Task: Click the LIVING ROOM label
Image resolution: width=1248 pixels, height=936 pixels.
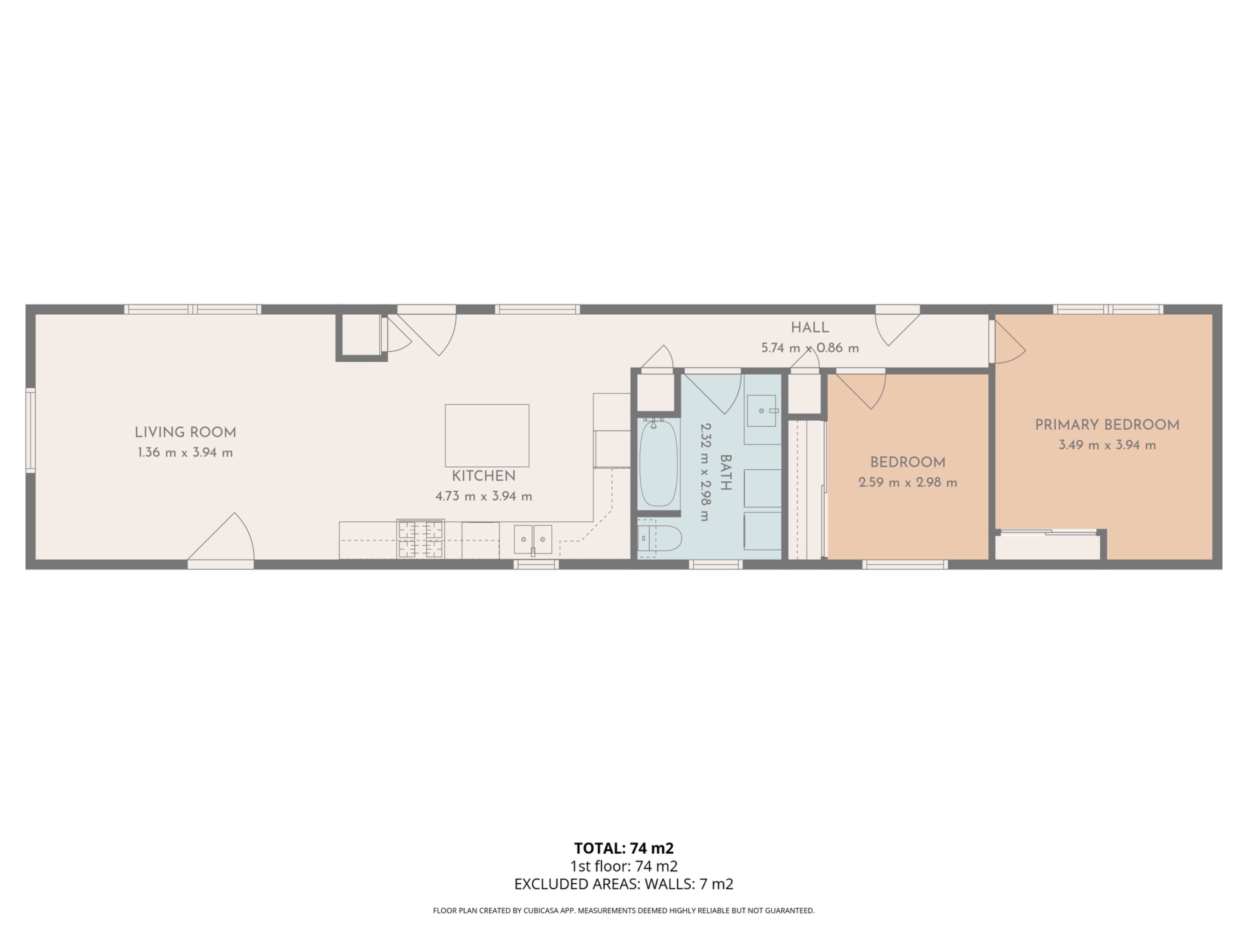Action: (185, 433)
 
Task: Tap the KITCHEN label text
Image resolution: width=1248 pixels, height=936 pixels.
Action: (484, 476)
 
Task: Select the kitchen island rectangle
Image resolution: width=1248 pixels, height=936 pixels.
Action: (487, 435)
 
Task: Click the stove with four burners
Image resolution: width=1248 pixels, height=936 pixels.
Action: (420, 539)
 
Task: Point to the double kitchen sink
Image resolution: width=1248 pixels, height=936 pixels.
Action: (533, 540)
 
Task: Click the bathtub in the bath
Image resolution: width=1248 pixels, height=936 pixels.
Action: (658, 463)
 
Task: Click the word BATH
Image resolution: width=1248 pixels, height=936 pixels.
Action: (725, 473)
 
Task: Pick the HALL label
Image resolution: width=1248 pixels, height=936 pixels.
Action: (810, 328)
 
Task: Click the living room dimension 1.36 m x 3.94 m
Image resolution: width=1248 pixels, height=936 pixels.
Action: (185, 452)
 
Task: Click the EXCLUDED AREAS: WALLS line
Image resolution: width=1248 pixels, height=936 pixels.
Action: (624, 884)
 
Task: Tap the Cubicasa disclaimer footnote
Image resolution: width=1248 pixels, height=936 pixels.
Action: (624, 911)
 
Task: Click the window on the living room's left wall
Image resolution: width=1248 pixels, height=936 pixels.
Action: (31, 431)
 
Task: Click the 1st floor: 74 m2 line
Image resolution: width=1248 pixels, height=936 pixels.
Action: (624, 866)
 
